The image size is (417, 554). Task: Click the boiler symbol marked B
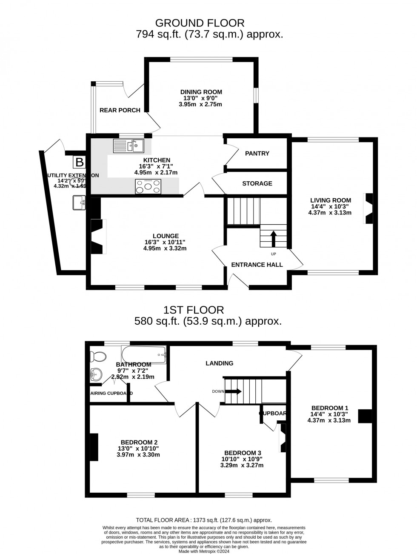79,162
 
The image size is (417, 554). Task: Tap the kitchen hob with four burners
148,186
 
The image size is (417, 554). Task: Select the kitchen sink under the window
129,146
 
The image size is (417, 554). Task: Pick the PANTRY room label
257,153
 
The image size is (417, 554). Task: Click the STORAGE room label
257,183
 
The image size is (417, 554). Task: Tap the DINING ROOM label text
201,92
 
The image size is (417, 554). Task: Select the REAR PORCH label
120,110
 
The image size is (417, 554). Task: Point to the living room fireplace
368,208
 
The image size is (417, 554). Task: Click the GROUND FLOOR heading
200,23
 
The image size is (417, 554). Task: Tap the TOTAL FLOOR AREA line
204,520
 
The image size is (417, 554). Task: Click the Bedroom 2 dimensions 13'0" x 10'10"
140,448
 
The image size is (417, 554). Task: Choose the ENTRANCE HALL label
257,265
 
